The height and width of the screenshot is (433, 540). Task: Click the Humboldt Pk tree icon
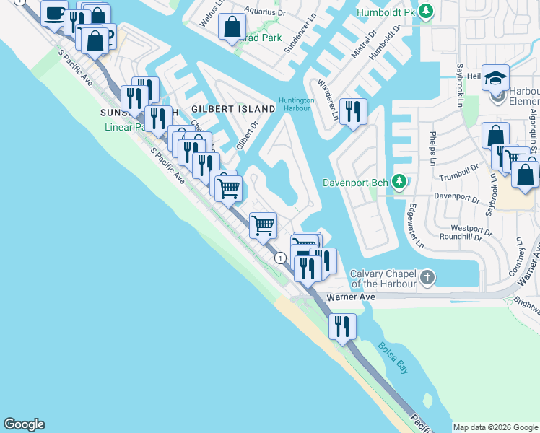(x=427, y=12)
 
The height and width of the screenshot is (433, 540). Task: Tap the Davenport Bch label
(x=355, y=181)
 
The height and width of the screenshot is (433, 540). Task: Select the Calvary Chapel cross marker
(x=427, y=276)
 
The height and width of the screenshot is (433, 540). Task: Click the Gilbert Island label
(x=233, y=109)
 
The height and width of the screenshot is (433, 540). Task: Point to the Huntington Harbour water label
(x=296, y=105)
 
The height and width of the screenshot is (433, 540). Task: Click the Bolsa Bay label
(x=394, y=357)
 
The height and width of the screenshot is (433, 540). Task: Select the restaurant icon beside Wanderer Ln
(x=352, y=111)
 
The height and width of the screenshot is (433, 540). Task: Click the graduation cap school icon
(x=495, y=77)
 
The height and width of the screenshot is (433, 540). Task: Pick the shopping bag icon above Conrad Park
(x=232, y=27)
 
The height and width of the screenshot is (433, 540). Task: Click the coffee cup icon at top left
(x=54, y=12)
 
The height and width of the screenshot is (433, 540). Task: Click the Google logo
(x=24, y=424)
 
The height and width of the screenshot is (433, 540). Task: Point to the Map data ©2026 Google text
(x=495, y=427)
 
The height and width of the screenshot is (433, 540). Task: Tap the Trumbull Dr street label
(x=459, y=173)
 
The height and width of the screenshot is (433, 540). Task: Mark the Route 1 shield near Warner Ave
(x=279, y=258)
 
